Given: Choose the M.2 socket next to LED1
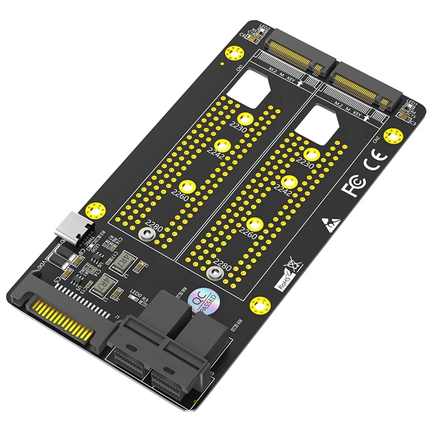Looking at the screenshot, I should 369,90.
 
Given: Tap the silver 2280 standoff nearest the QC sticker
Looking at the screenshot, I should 214,272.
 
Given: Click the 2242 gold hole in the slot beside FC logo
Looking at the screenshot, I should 288,181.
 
